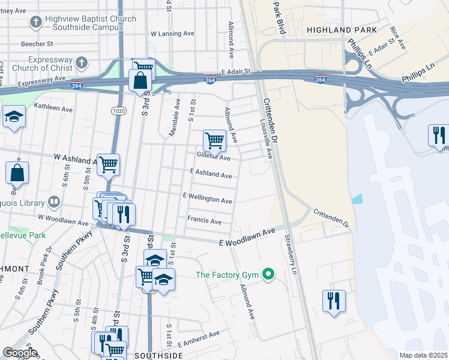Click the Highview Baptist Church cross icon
click(36, 22)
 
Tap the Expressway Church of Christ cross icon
click(82, 62)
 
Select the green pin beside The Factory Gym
click(268, 275)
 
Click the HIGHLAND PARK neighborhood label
click(342, 29)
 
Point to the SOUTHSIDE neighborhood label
click(158, 355)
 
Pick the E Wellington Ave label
click(208, 198)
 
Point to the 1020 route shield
click(118, 111)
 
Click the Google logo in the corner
click(20, 352)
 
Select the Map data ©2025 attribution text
click(423, 355)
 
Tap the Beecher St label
click(38, 44)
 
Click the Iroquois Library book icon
click(54, 201)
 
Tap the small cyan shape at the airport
click(358, 199)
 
